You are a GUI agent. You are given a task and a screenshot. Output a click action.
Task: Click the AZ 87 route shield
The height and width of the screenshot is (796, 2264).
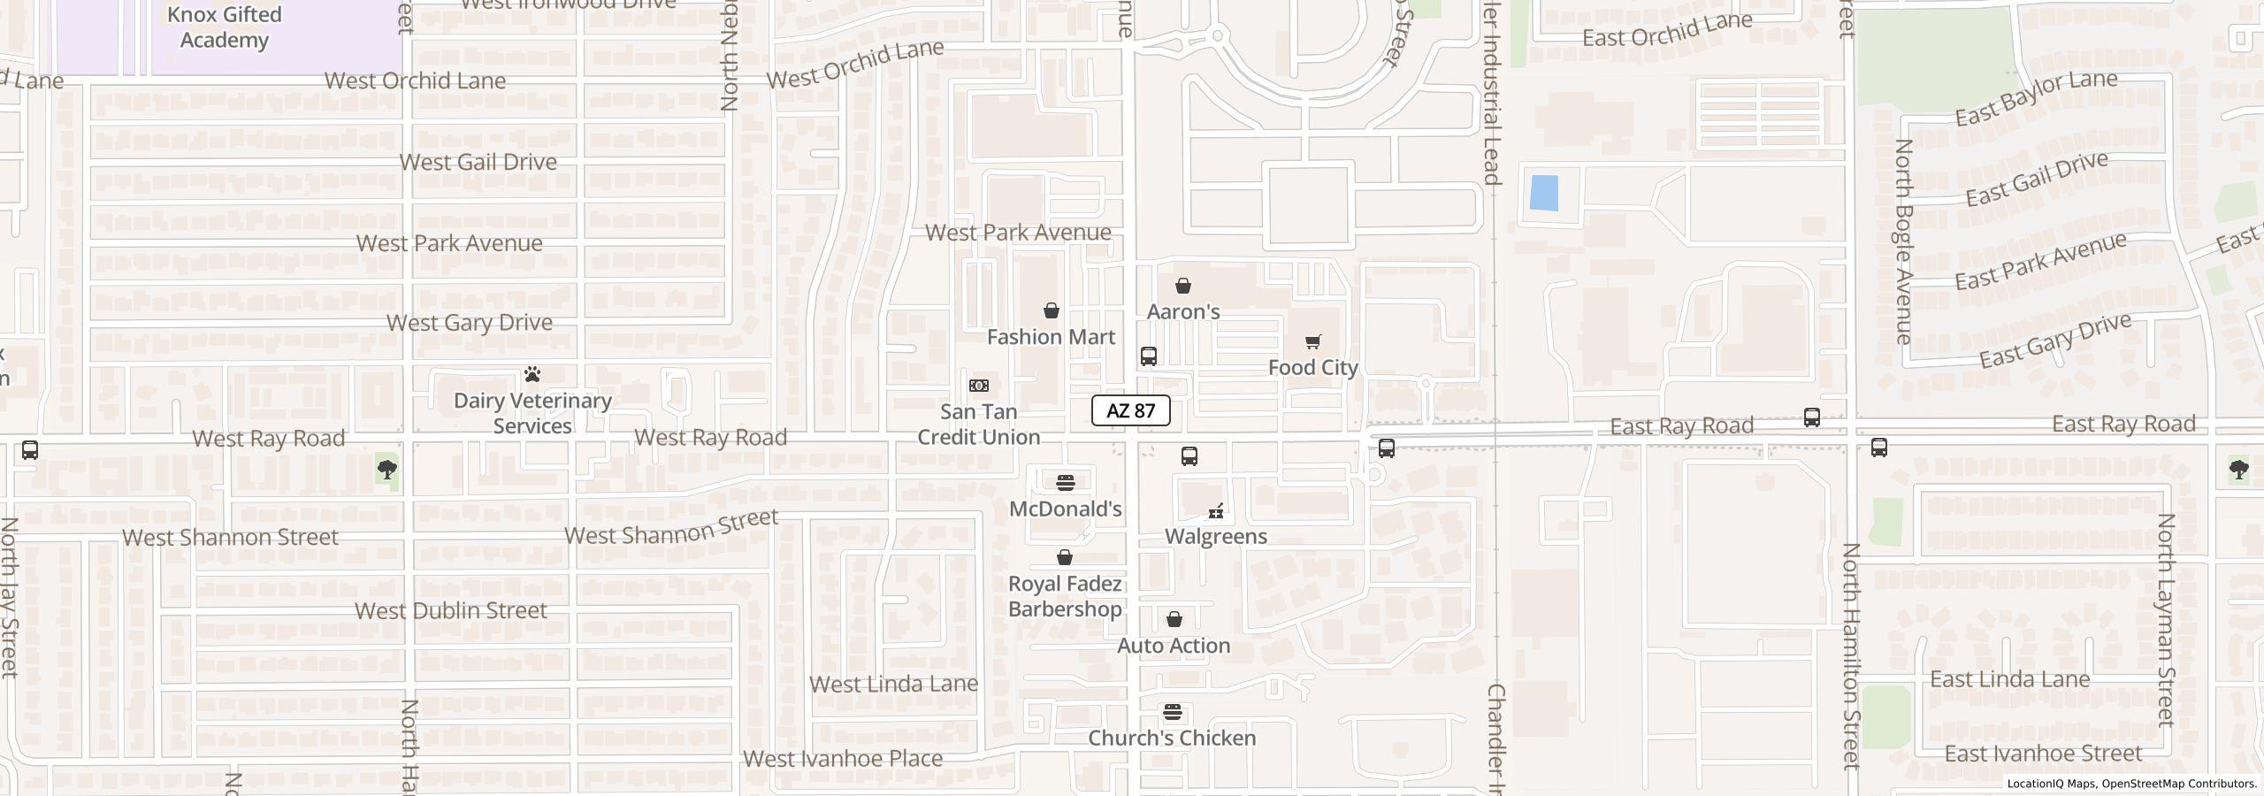click(x=1130, y=410)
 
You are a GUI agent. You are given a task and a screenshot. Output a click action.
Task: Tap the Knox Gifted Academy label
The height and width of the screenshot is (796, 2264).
click(x=225, y=27)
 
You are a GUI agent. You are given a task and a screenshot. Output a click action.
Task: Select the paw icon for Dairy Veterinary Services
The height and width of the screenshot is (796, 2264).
click(x=532, y=374)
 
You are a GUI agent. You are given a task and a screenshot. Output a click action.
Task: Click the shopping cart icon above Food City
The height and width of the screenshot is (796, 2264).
click(x=1313, y=341)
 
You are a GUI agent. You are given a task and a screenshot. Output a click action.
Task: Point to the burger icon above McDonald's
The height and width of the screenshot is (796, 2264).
click(x=1066, y=483)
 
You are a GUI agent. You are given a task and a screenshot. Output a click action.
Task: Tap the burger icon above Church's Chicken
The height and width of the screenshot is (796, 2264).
click(x=1173, y=712)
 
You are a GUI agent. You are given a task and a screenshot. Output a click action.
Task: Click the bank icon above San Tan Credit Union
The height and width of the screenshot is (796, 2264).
click(x=979, y=386)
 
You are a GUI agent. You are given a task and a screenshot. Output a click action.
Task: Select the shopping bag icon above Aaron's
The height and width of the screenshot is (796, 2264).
click(x=1183, y=286)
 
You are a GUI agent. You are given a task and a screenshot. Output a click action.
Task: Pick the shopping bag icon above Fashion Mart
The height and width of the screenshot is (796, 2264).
click(x=1052, y=310)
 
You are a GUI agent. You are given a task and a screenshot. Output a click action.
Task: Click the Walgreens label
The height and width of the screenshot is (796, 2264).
click(x=1216, y=536)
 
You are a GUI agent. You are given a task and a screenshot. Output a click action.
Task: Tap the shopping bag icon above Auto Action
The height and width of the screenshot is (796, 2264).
click(x=1174, y=619)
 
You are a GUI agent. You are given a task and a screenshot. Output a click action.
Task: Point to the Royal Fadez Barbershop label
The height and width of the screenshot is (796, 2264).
click(x=1065, y=596)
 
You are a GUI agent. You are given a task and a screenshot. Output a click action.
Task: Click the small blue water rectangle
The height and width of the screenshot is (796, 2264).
click(x=1543, y=193)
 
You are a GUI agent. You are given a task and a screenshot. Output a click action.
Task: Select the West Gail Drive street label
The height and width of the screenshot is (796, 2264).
click(x=478, y=162)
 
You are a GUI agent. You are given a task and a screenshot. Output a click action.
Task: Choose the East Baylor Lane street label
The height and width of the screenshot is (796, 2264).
click(x=2036, y=97)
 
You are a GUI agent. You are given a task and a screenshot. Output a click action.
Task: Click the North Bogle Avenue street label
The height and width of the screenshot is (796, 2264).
click(x=1904, y=241)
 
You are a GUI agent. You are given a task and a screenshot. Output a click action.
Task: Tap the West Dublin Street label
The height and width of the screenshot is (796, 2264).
click(x=451, y=610)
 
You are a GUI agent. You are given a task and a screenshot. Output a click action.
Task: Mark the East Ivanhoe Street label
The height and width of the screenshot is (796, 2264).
click(x=2043, y=754)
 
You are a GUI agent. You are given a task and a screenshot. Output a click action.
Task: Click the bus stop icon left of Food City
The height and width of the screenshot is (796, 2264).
click(x=1149, y=356)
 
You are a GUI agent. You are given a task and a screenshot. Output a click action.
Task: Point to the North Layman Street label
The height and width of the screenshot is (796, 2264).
click(x=2165, y=619)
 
